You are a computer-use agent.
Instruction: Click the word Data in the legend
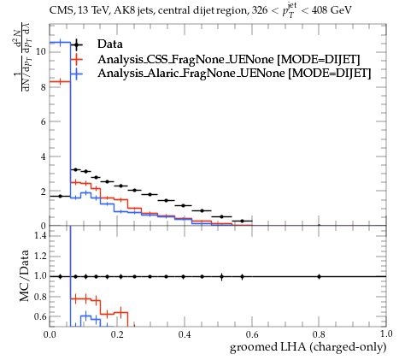pyautogui.click(x=110, y=44)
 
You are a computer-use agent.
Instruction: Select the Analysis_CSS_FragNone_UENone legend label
pyautogui.click(x=185, y=59)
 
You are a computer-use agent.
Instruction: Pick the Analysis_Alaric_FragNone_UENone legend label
pyautogui.click(x=191, y=74)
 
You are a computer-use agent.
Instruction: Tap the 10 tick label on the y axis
pyautogui.click(x=41, y=51)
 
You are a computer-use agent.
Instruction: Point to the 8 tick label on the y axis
pyautogui.click(x=44, y=87)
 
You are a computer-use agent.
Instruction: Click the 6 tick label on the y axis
pyautogui.click(x=44, y=121)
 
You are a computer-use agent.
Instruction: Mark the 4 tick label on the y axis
pyautogui.click(x=44, y=156)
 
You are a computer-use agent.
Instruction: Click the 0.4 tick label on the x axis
pyautogui.click(x=185, y=334)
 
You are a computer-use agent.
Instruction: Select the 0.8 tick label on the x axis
pyautogui.click(x=319, y=334)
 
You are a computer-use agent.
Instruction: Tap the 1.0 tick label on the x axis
pyautogui.click(x=386, y=334)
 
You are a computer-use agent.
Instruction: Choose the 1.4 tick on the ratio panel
pyautogui.click(x=40, y=236)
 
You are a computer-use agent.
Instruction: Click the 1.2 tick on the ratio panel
pyautogui.click(x=40, y=256)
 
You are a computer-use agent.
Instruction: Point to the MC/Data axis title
pyautogui.click(x=25, y=275)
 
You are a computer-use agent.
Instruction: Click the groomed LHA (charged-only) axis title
pyautogui.click(x=308, y=347)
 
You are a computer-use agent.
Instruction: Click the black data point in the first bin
pyautogui.click(x=60, y=196)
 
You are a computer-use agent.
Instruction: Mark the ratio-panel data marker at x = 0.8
pyautogui.click(x=319, y=276)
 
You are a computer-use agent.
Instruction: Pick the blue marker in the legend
pyautogui.click(x=76, y=74)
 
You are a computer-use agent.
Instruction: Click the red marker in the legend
pyautogui.click(x=76, y=59)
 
